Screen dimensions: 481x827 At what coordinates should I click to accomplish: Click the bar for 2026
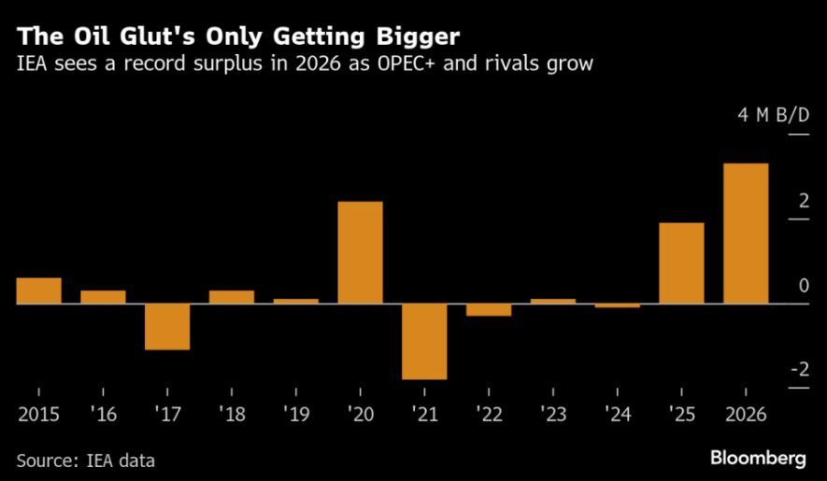[x=746, y=233]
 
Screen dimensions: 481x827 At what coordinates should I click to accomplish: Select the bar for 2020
[x=360, y=252]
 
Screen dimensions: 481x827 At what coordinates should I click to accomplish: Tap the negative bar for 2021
[x=424, y=342]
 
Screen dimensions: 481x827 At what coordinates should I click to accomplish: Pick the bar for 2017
[x=167, y=327]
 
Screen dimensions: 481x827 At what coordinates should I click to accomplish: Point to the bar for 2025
[x=681, y=263]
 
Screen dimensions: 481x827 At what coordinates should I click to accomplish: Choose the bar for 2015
[x=38, y=291]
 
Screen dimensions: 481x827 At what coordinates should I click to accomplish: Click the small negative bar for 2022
[x=489, y=310]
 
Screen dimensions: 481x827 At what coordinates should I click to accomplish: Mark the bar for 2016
[x=103, y=297]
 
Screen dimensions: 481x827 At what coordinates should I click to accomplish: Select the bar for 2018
[x=231, y=297]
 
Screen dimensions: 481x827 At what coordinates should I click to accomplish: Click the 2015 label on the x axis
[x=38, y=413]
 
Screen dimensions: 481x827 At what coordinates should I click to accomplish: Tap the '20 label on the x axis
[x=360, y=413]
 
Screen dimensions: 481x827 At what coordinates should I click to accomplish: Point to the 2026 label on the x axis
[x=746, y=413]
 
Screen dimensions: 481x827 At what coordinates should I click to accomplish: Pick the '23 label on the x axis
[x=553, y=413]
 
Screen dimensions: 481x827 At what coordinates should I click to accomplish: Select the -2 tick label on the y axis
[x=799, y=370]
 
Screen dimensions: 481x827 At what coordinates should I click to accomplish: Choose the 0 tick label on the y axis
[x=804, y=286]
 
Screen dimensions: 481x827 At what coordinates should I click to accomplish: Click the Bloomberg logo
[x=758, y=458]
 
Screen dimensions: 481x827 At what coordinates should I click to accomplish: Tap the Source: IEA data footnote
[x=85, y=460]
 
